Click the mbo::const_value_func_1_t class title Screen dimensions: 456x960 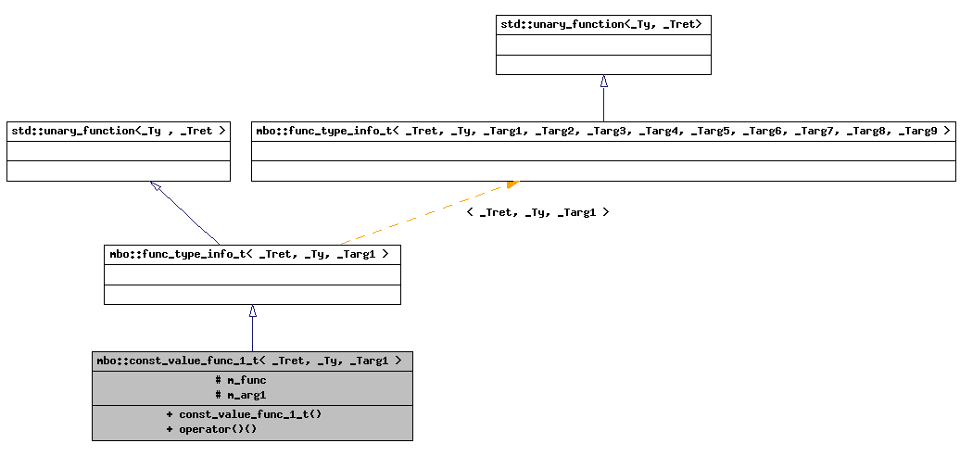tap(251, 361)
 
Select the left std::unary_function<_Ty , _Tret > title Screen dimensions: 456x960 tap(118, 131)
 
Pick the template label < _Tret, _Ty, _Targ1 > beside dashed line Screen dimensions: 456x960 tap(537, 212)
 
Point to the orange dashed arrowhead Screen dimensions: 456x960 tap(512, 184)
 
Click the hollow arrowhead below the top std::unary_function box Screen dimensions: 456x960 tap(603, 81)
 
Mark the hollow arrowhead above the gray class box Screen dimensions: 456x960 tap(252, 311)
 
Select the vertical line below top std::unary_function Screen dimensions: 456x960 tap(603, 104)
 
